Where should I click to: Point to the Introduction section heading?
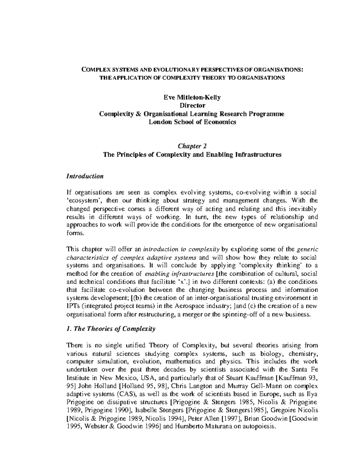coord(85,176)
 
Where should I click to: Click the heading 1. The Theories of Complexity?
coord(111,329)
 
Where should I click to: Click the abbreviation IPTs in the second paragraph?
coord(72,306)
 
